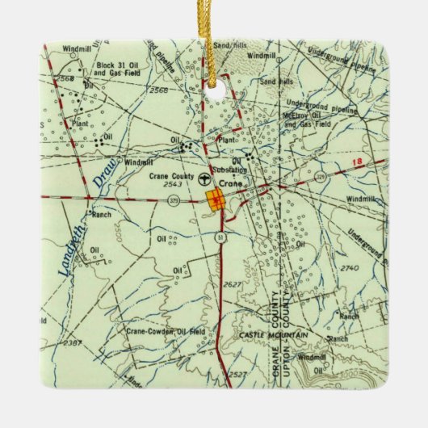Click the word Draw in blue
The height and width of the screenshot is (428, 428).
[x=102, y=175]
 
